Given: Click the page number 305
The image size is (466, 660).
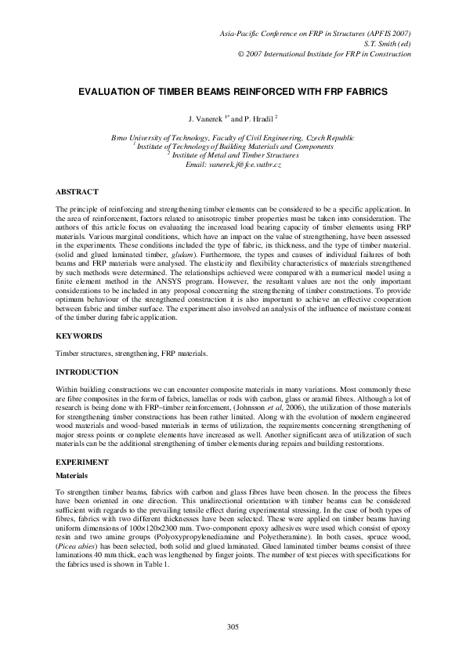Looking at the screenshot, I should tap(233, 626).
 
